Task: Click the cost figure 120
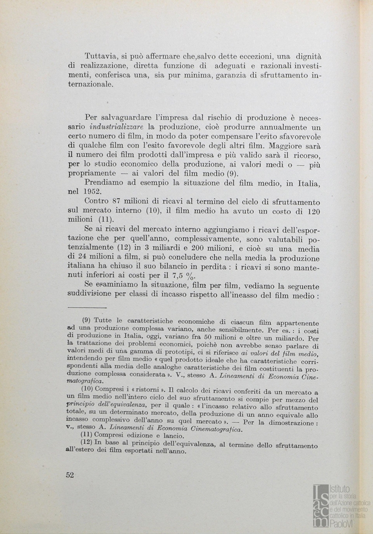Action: click(311, 211)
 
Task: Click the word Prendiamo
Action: click(104, 183)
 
